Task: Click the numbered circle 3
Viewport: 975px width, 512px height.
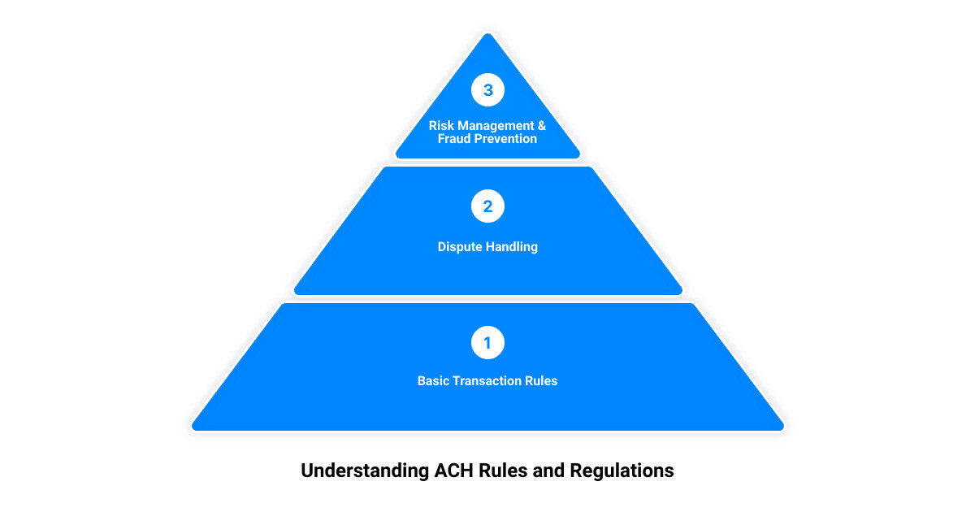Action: point(487,90)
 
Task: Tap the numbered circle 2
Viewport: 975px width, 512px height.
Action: point(487,206)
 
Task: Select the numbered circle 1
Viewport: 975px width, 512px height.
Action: point(487,343)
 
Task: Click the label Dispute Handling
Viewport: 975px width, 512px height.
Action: point(487,246)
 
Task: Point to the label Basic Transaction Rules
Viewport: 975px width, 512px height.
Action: point(487,380)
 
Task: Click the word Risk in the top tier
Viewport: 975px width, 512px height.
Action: point(442,126)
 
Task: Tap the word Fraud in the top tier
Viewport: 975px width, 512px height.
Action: point(455,139)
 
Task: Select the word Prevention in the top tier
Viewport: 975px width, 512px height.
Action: point(506,139)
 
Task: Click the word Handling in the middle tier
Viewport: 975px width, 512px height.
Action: point(512,246)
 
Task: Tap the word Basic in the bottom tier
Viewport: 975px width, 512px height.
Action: point(433,380)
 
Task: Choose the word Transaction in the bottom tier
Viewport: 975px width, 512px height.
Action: point(487,380)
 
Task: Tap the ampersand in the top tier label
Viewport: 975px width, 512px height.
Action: point(540,126)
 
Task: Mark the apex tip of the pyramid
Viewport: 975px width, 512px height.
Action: point(487,35)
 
